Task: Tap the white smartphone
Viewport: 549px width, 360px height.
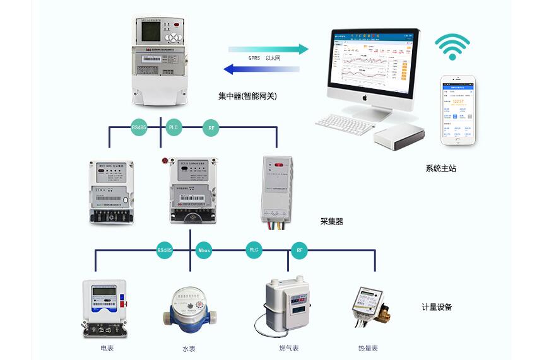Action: (458, 111)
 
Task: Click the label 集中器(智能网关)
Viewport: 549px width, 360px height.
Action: (247, 96)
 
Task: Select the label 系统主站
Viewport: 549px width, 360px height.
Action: (440, 168)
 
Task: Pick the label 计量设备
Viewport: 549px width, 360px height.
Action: (437, 307)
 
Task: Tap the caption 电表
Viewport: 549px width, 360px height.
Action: (107, 348)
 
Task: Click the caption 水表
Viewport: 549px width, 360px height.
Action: (189, 349)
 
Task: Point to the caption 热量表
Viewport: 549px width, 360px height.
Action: (368, 348)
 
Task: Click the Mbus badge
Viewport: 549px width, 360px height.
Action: (204, 250)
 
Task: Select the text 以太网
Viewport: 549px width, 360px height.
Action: (273, 59)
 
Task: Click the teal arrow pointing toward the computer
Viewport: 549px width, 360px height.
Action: (268, 49)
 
